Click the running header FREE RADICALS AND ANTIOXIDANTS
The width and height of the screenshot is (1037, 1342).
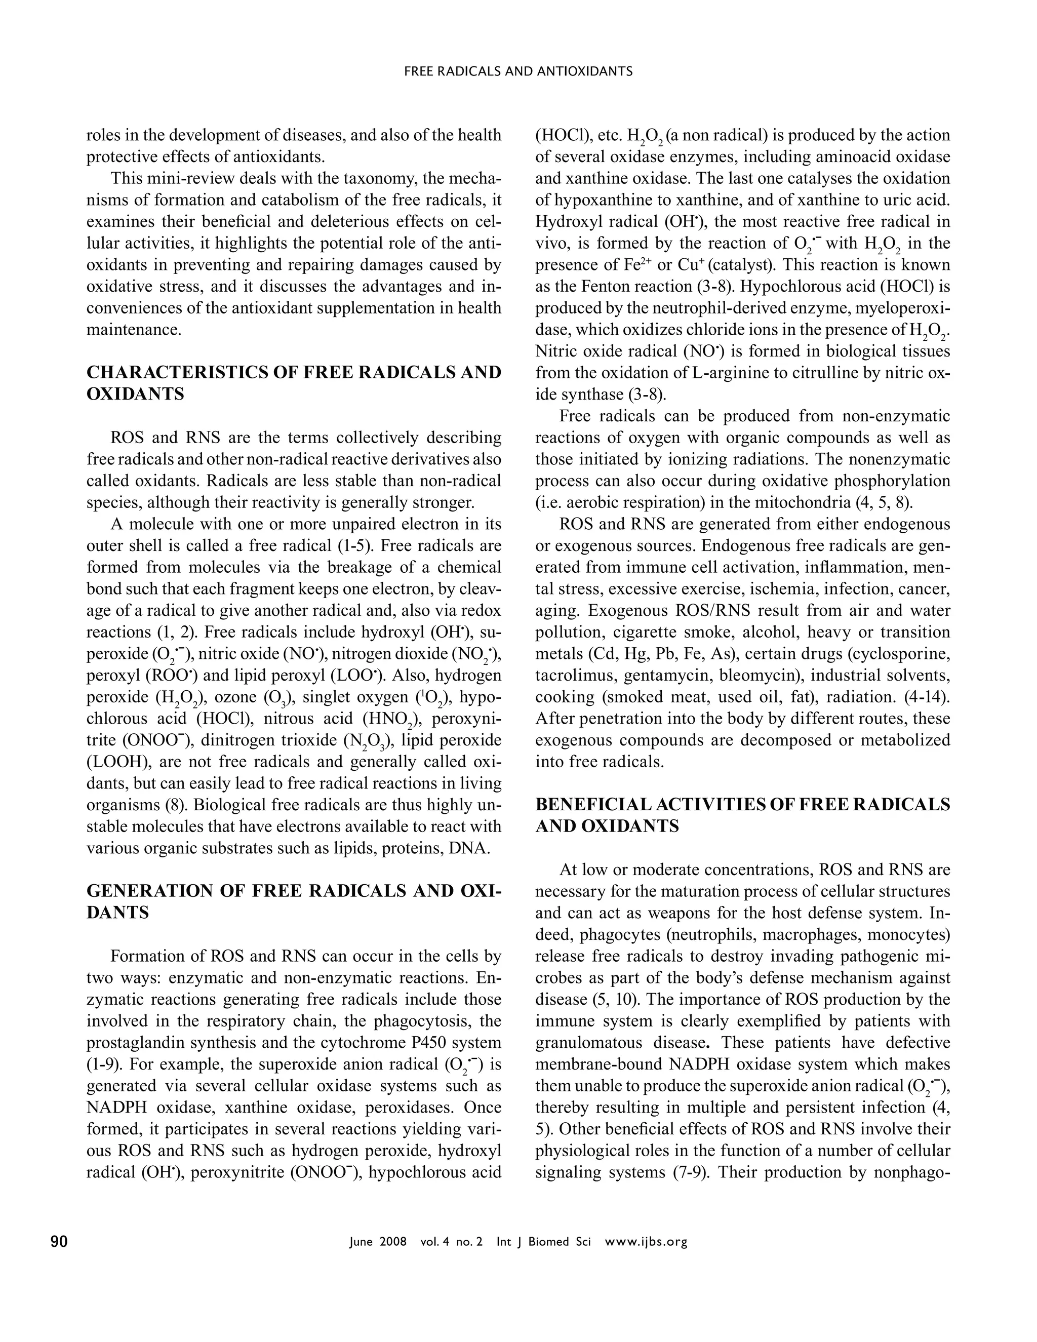518,71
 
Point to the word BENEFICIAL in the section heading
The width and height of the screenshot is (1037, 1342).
585,804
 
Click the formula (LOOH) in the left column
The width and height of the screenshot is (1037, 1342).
117,762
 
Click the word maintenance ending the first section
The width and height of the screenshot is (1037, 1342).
133,330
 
